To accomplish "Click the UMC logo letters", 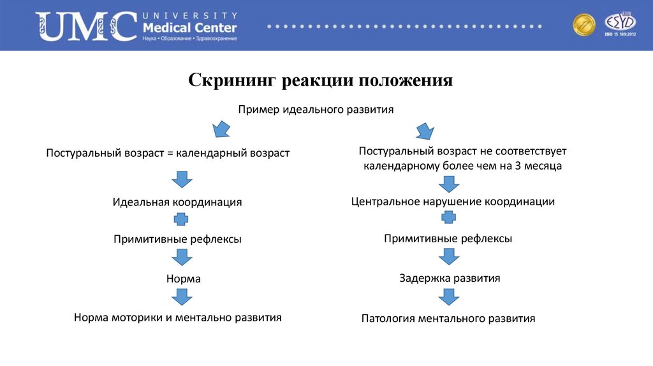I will click(x=86, y=26).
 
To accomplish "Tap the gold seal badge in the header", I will click(x=583, y=25).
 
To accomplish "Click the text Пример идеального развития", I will click(x=316, y=110).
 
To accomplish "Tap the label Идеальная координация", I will click(x=177, y=202).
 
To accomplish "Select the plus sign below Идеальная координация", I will click(x=182, y=220).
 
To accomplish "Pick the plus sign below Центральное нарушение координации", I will click(x=449, y=218).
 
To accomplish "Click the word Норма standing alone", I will click(x=184, y=279).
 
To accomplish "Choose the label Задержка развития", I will click(x=450, y=278).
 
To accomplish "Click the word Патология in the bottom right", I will click(x=388, y=318).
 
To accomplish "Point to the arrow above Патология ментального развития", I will click(x=449, y=296).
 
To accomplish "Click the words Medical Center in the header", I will click(x=190, y=28).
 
